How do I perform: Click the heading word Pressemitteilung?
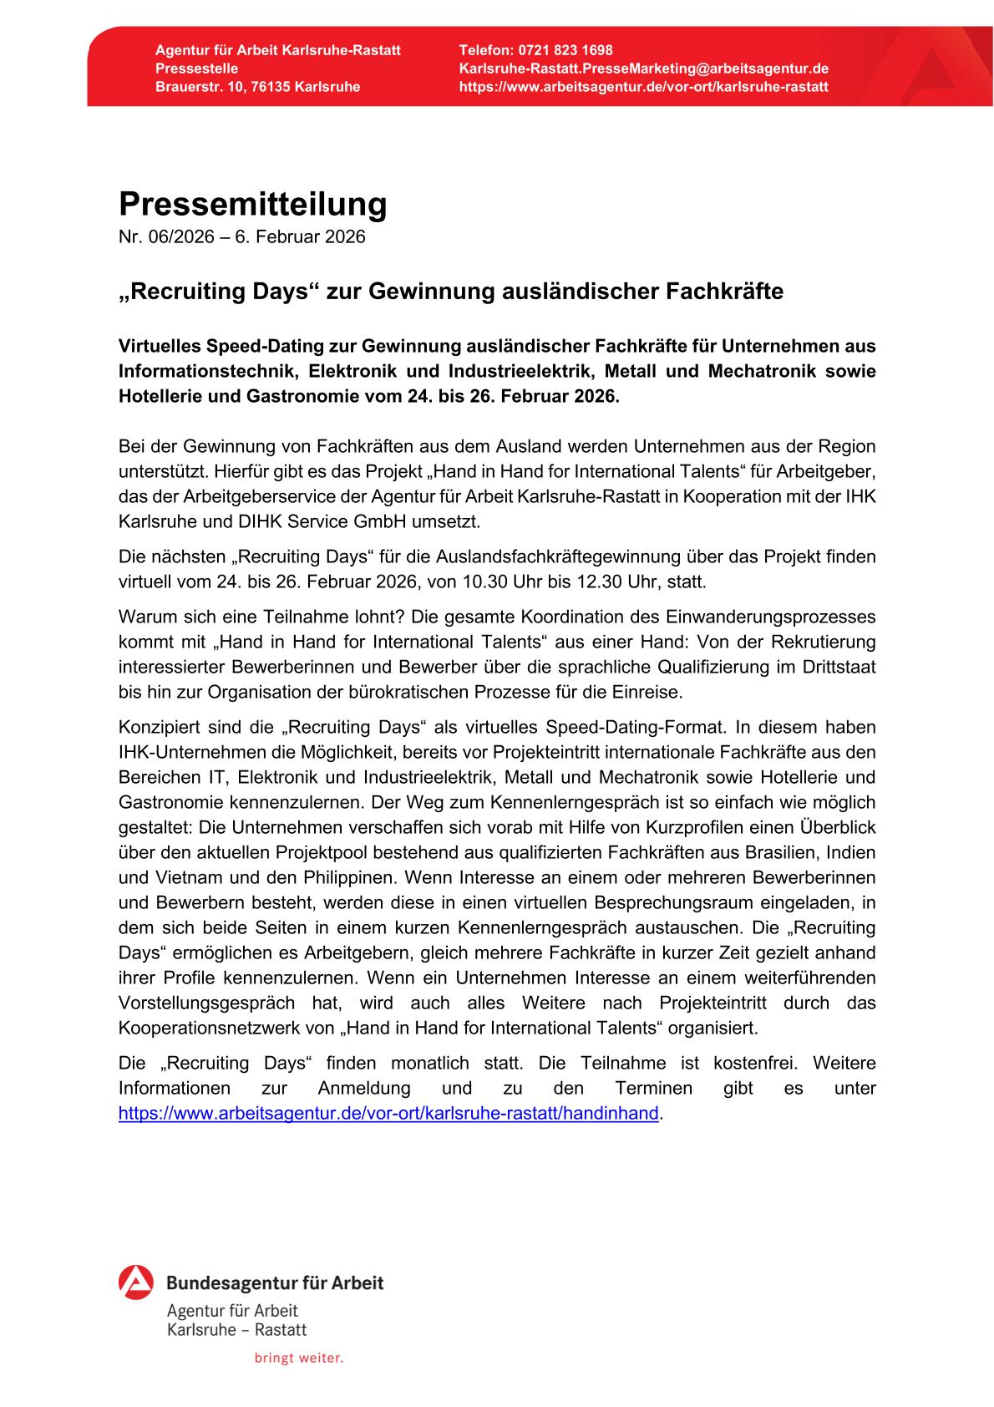[x=252, y=204]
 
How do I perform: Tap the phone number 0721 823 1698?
[x=565, y=50]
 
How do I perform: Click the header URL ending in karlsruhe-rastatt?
[x=644, y=87]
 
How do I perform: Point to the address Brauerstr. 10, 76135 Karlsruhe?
[x=257, y=87]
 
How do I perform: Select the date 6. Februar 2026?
[x=300, y=237]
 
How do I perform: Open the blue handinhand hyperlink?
[x=388, y=1113]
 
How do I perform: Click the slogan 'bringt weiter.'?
[x=299, y=1358]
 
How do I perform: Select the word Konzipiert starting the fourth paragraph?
[x=157, y=727]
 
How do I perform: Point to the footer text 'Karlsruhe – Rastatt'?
[x=236, y=1329]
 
